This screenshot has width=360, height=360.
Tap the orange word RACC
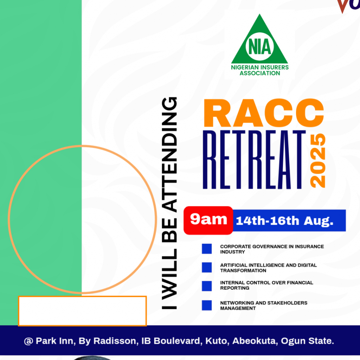click(264, 113)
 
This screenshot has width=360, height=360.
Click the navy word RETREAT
click(255, 160)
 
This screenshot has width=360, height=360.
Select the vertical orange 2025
click(318, 160)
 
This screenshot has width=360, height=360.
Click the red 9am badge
click(208, 220)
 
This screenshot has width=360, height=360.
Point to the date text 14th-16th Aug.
click(284, 221)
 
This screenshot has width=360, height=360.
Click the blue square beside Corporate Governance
click(207, 249)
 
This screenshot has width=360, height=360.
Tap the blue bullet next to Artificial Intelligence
click(207, 268)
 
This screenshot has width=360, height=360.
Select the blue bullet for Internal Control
click(207, 286)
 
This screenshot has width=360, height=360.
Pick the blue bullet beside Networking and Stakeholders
click(207, 306)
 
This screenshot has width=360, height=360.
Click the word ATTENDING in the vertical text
click(169, 155)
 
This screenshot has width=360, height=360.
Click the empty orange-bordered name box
click(82, 311)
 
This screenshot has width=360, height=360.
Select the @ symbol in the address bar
click(28, 341)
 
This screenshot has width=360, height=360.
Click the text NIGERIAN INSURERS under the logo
click(260, 67)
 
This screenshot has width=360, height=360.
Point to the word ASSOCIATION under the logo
click(260, 73)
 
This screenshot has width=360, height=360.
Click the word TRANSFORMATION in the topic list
click(243, 270)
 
